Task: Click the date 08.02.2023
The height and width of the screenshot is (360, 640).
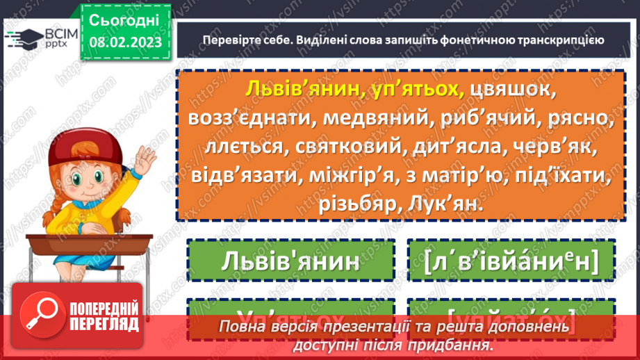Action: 124,41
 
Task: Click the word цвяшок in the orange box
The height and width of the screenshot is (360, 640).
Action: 514,90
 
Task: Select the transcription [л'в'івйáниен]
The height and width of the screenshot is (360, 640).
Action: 511,261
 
